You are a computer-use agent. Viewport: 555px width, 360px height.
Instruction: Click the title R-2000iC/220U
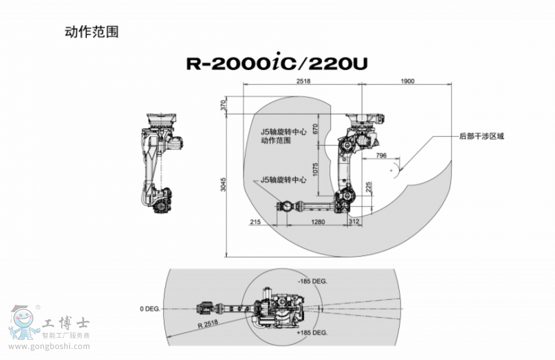coord(277,64)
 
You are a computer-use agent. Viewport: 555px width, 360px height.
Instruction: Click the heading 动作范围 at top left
coord(86,31)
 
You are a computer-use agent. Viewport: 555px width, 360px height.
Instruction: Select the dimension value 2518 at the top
coord(302,81)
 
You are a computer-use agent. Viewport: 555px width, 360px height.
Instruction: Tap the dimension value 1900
coord(407,81)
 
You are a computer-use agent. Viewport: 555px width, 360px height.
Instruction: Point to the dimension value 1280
coord(318,222)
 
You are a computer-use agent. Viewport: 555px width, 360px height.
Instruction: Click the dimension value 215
coord(255,222)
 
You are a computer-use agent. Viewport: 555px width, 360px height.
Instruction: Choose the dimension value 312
coord(355,222)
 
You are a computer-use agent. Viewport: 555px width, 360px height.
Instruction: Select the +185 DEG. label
coord(311,333)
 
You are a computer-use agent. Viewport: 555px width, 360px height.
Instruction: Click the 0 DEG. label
coord(150,307)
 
